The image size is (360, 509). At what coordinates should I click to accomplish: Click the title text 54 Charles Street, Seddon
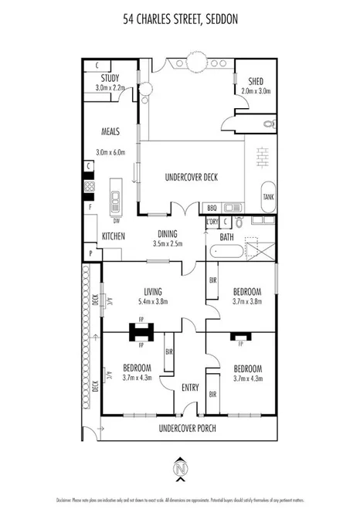point(179,24)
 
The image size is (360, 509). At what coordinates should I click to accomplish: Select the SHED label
point(256,81)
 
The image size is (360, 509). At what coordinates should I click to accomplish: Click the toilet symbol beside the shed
point(268,123)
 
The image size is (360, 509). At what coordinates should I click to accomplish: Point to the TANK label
point(268,197)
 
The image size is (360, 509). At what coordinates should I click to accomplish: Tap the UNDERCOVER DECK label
point(192,177)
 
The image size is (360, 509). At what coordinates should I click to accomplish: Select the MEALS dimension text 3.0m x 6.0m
point(110,152)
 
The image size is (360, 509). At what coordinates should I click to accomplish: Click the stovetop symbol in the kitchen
point(89,186)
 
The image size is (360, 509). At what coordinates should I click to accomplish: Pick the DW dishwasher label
point(116,220)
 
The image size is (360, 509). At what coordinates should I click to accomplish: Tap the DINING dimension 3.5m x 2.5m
point(168,243)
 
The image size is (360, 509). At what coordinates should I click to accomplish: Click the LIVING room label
point(153,291)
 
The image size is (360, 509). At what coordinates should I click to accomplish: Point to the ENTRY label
point(189,388)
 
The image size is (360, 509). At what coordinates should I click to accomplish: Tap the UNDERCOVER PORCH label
point(187,428)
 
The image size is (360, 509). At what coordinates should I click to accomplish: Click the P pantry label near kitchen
point(90,253)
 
